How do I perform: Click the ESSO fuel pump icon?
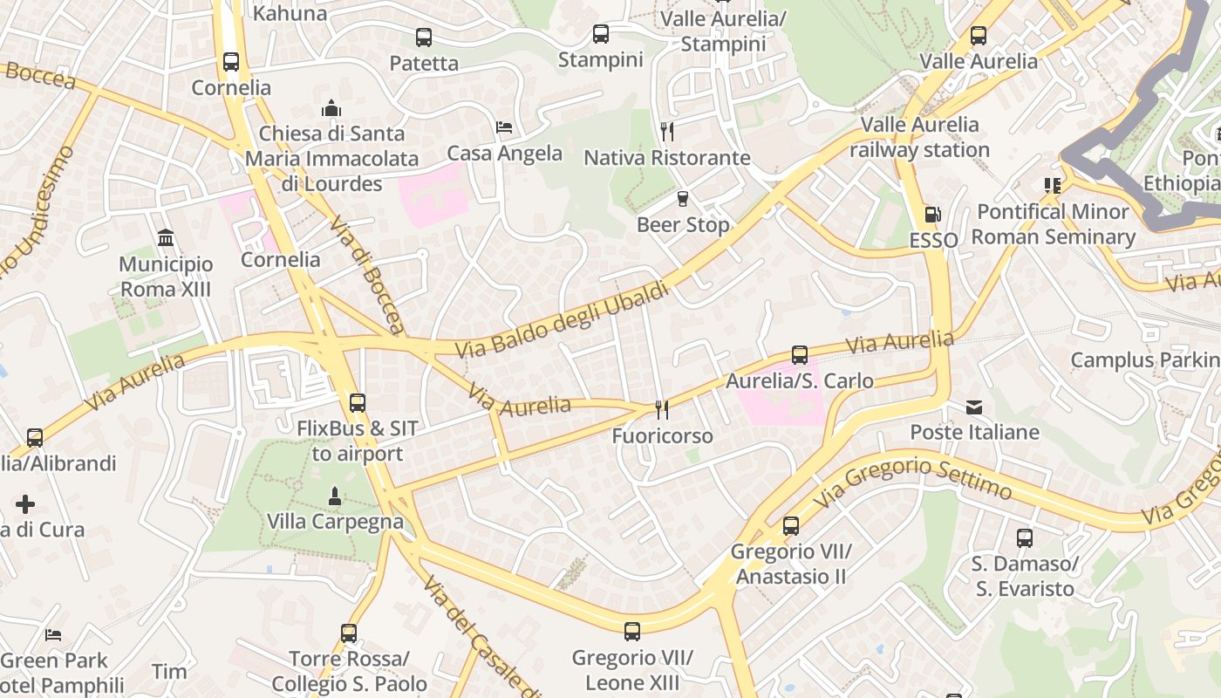[x=931, y=214]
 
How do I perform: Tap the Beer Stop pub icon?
[x=683, y=199]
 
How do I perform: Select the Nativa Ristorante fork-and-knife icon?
[x=667, y=132]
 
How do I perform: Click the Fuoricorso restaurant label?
[x=662, y=435]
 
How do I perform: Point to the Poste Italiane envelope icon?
[x=974, y=407]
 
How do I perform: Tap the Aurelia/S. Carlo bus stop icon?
[x=799, y=355]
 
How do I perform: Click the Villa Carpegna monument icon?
[x=334, y=496]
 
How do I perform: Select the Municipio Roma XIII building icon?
[x=166, y=237]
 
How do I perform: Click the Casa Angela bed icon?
[x=504, y=127]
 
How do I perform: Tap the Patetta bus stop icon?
[x=423, y=38]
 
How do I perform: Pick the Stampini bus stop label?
[x=600, y=60]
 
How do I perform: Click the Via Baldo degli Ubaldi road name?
[x=563, y=320]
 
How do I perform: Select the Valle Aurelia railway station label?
[x=919, y=137]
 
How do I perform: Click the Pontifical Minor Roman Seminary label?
[x=1053, y=224]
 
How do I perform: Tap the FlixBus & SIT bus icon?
[x=357, y=402]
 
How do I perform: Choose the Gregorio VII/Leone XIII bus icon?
[x=632, y=631]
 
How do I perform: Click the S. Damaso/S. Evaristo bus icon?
[x=1024, y=537]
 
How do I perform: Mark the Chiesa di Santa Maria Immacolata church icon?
[x=331, y=108]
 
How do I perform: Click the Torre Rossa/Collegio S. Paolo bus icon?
[x=349, y=633]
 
